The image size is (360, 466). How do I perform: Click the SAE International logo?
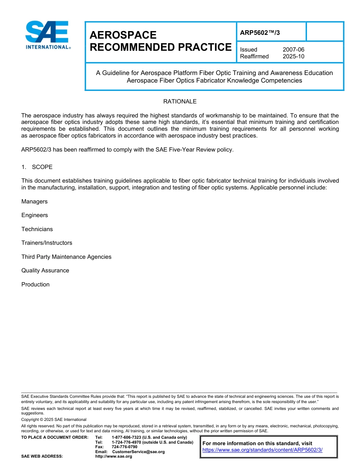coord(47,35)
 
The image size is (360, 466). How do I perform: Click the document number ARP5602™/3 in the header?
coord(260,33)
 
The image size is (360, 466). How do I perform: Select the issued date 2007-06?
coord(293,50)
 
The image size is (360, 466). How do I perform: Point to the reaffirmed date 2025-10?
coord(293,56)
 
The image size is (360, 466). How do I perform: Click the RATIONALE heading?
coord(180,102)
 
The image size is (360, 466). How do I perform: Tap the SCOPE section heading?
coord(42,167)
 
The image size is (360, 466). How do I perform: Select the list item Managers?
coord(34,202)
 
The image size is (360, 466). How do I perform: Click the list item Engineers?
coord(34,215)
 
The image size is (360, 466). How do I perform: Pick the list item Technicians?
coord(37,229)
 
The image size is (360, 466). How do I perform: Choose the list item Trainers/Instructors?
coord(47,243)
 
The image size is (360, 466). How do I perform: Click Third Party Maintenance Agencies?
coord(66,257)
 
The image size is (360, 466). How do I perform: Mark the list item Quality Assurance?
coord(45,271)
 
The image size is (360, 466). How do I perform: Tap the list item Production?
coord(35,285)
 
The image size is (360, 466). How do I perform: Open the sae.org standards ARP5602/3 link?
coord(262,450)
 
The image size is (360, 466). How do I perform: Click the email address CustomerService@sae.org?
coord(138,452)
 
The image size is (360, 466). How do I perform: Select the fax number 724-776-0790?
coord(124,447)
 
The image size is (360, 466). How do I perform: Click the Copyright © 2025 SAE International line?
coord(54,419)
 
